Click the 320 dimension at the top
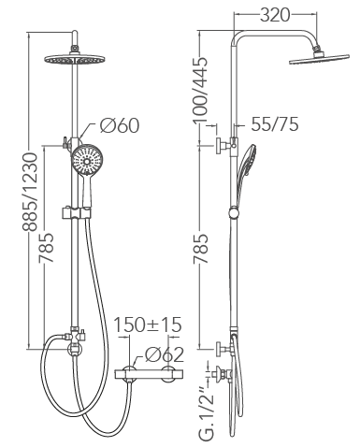click(x=275, y=15)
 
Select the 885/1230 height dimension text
click(x=30, y=192)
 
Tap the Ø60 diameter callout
click(x=120, y=125)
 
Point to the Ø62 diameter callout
click(x=165, y=354)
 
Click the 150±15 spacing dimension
click(x=147, y=324)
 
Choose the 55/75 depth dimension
click(x=275, y=124)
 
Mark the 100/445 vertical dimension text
click(x=199, y=90)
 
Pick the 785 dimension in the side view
click(x=199, y=249)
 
